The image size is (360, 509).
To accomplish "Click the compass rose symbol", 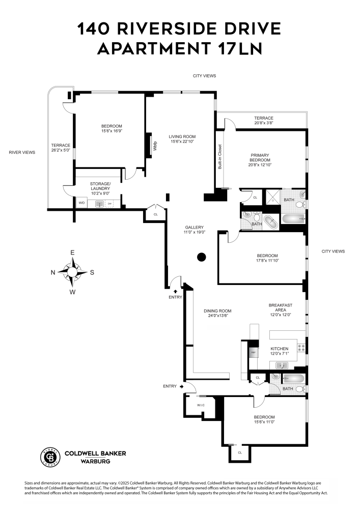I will (72, 272).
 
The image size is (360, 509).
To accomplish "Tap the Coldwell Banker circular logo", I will (49, 457).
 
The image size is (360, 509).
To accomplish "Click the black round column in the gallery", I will (202, 257).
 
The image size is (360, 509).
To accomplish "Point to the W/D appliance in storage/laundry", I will (81, 203).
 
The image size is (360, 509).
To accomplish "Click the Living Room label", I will (182, 136).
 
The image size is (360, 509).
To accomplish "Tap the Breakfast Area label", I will (280, 308).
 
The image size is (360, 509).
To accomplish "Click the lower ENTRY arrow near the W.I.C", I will (181, 387).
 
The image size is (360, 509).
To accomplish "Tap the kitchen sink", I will (281, 365).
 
